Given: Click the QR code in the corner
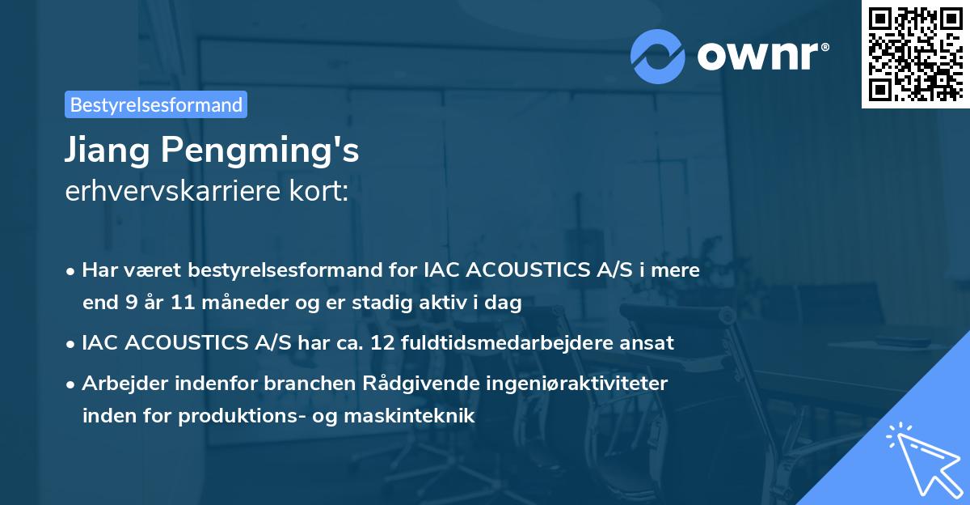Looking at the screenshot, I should [x=915, y=54].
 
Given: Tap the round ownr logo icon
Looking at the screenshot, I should [x=659, y=55].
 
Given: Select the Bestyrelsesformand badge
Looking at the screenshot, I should [x=156, y=104].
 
